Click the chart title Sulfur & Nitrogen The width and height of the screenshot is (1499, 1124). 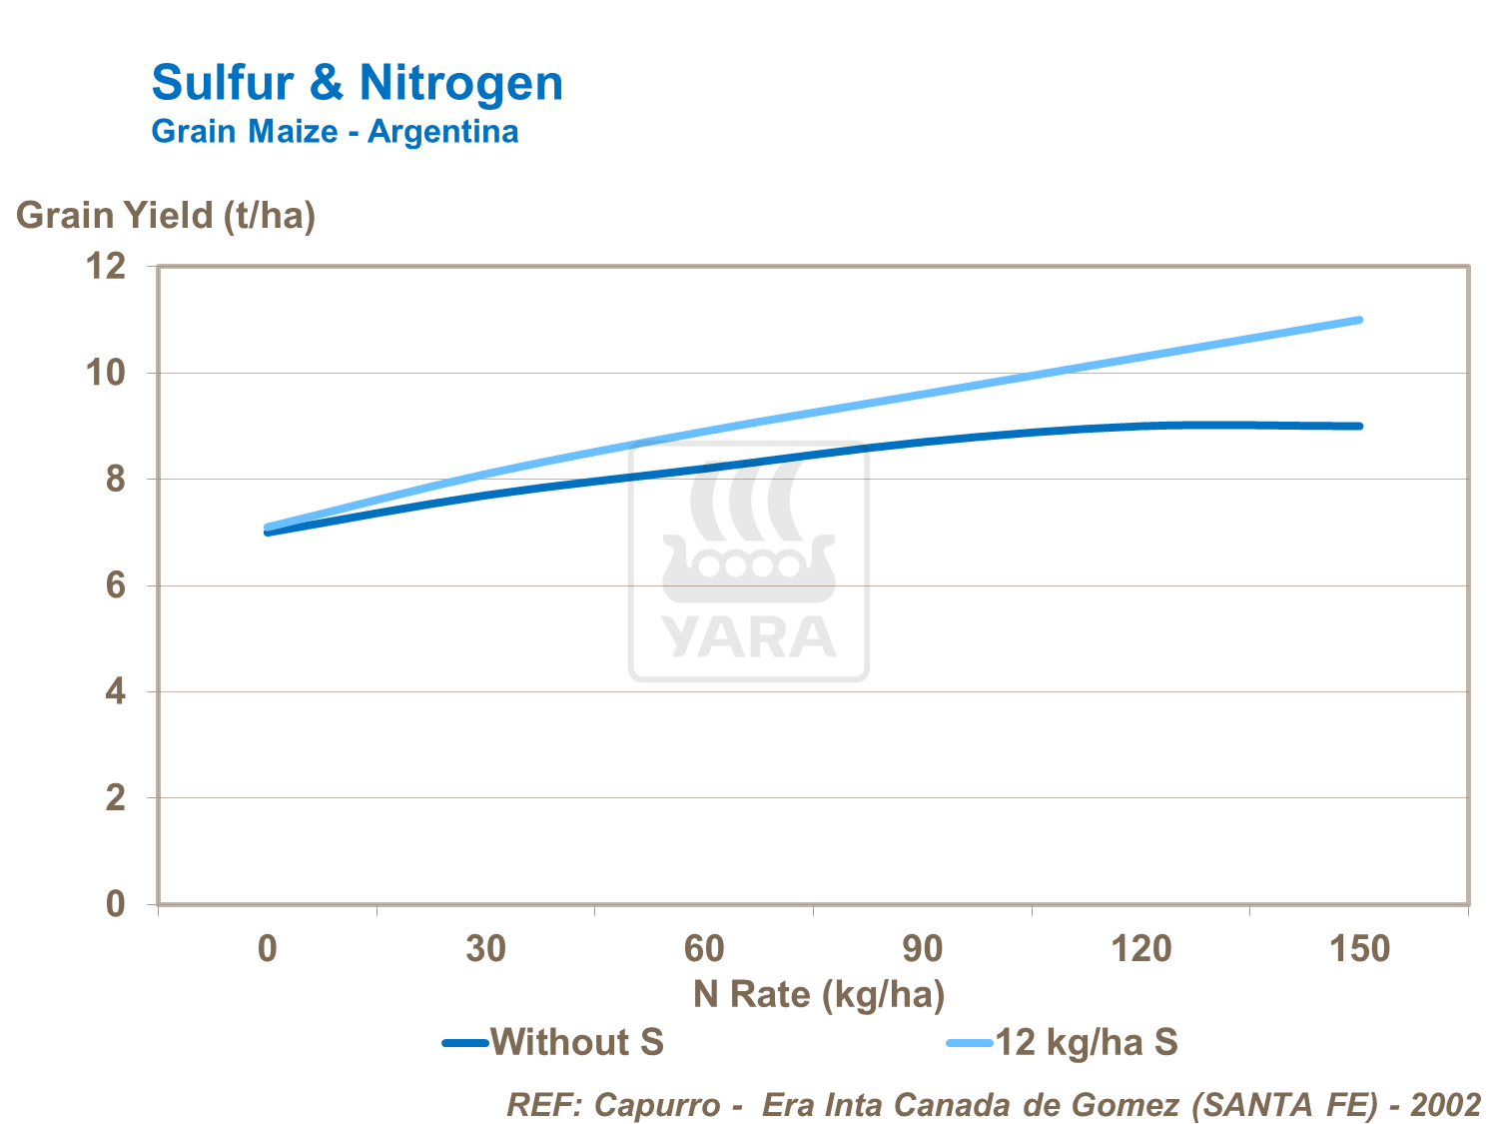tap(357, 83)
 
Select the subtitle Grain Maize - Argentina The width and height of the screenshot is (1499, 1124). tap(335, 132)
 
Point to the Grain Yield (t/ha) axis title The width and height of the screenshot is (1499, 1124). tap(166, 215)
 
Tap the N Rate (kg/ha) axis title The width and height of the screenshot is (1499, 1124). tap(819, 994)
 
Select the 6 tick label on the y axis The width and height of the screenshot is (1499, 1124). tap(116, 585)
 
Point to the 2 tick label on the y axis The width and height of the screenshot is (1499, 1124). tap(116, 798)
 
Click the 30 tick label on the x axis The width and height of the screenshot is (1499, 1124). tap(485, 948)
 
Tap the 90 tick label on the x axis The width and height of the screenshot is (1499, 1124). tap(922, 948)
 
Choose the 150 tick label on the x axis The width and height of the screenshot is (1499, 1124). tap(1359, 948)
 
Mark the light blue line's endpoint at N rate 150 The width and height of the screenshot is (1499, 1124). tap(1359, 320)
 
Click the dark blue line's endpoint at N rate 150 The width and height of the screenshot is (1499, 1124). tap(1359, 426)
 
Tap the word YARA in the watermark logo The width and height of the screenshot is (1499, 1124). tap(749, 636)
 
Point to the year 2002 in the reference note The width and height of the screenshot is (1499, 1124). tap(1445, 1104)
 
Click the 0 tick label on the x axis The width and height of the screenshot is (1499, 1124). tap(267, 948)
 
